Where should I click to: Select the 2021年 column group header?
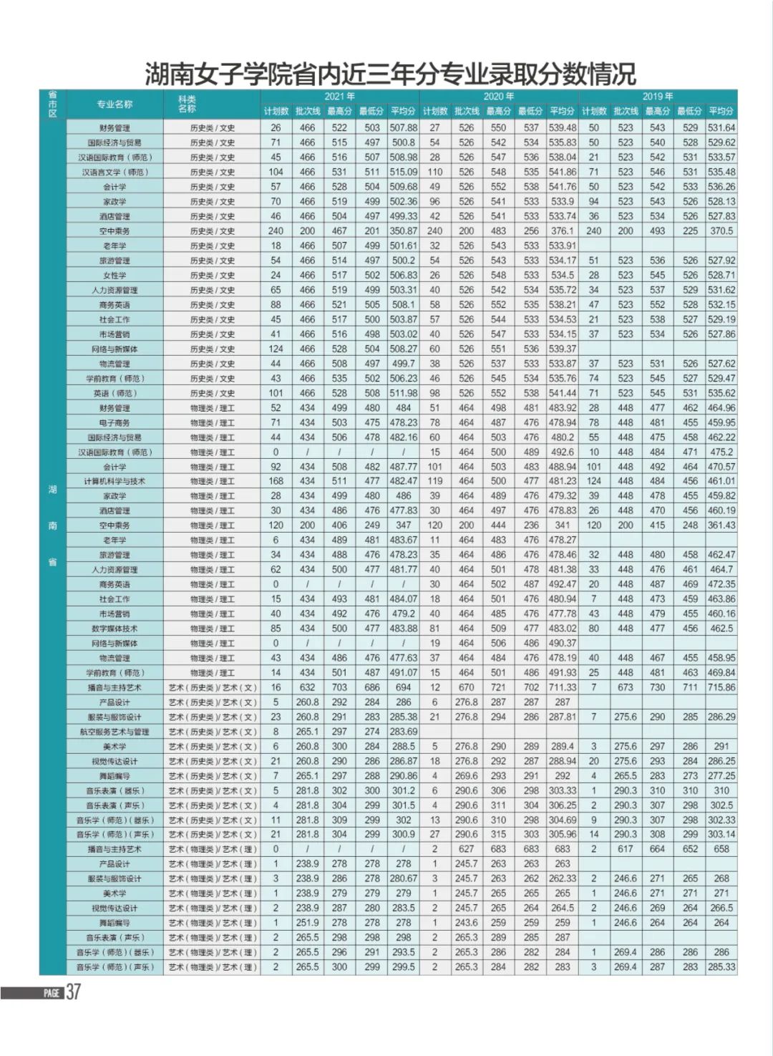coord(340,96)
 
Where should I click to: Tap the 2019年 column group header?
coord(657,96)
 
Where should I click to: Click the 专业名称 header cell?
coord(115,104)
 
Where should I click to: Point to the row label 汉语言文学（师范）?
coord(115,172)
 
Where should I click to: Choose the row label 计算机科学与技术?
coord(115,481)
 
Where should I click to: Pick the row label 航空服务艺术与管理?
coord(115,732)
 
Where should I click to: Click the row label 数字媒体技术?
coord(115,629)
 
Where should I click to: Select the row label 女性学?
coord(115,275)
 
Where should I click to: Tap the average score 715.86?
coord(721,687)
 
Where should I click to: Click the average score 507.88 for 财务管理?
coord(404,128)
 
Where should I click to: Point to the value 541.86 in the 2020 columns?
coord(563,172)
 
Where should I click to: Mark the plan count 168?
coord(276,481)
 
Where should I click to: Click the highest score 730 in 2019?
coord(657,687)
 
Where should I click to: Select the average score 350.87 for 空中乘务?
coord(404,231)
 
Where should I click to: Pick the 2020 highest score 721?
coord(498,687)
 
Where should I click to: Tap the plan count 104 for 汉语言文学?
coord(276,172)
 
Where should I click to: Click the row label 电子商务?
coord(115,422)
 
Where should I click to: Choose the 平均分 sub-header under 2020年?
coord(563,111)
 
